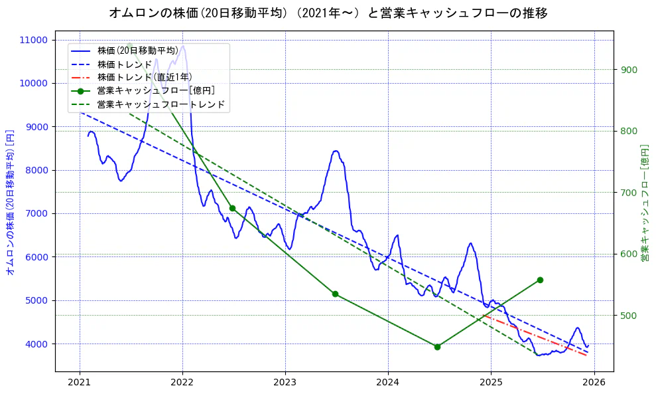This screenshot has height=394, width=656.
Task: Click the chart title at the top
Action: [x=328, y=13]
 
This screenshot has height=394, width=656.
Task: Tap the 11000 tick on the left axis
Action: [x=34, y=40]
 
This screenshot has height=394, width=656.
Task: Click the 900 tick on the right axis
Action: [x=628, y=70]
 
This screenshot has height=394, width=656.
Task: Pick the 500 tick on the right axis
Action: [x=628, y=315]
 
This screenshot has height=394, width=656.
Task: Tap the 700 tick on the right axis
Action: [x=628, y=193]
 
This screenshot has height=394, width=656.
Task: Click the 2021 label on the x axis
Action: [x=80, y=382]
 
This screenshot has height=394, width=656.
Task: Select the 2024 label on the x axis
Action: [x=387, y=382]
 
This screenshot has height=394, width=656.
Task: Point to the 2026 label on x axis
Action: [x=594, y=382]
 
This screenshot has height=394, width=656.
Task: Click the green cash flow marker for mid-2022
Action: [x=232, y=208]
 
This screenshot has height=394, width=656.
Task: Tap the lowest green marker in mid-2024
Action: [x=437, y=347]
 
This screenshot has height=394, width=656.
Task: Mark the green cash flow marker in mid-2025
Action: [x=540, y=280]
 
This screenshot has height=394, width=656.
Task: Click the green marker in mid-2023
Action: [x=335, y=294]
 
